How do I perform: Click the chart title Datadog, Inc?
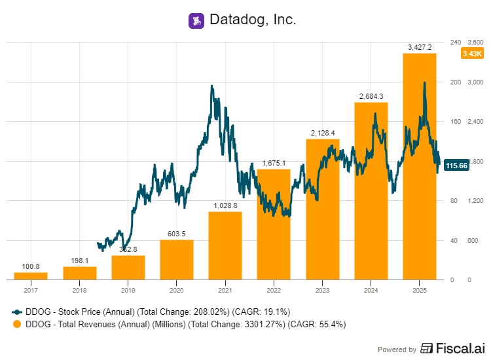[x=253, y=20]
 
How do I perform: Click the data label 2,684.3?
[x=371, y=96]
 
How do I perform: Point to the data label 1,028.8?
[x=225, y=206]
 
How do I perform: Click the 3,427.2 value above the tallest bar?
[x=420, y=47]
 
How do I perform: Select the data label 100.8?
[x=31, y=266]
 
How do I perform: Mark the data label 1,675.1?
[x=274, y=163]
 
